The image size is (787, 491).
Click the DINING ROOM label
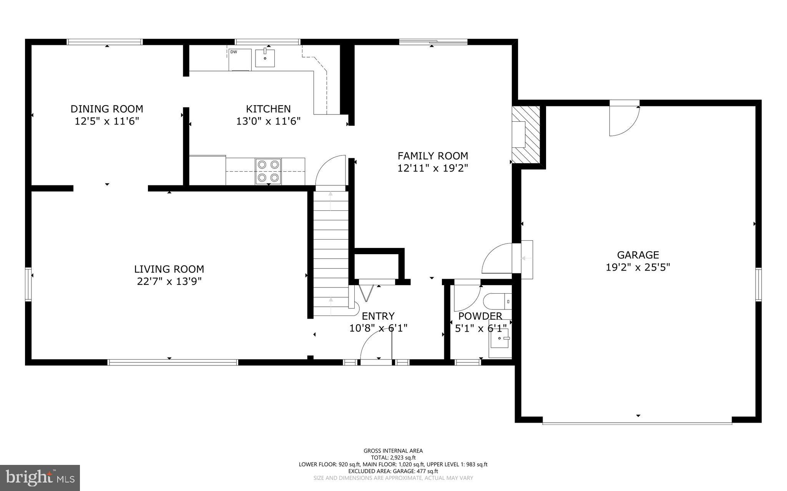(107, 109)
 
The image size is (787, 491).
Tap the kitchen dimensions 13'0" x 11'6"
(268, 121)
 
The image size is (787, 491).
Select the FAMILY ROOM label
(433, 156)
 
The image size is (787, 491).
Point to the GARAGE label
(638, 255)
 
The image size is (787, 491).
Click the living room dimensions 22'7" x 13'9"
(169, 281)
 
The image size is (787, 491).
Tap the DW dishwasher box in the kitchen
(240, 60)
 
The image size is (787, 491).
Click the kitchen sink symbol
(265, 58)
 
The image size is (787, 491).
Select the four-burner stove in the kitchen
(268, 171)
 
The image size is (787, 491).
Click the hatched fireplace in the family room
(526, 135)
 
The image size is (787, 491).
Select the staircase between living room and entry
(331, 253)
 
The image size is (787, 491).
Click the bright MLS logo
(40, 478)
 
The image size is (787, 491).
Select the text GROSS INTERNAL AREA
(393, 451)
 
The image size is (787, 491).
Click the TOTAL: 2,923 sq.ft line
(393, 458)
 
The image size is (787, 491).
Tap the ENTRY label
(378, 316)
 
